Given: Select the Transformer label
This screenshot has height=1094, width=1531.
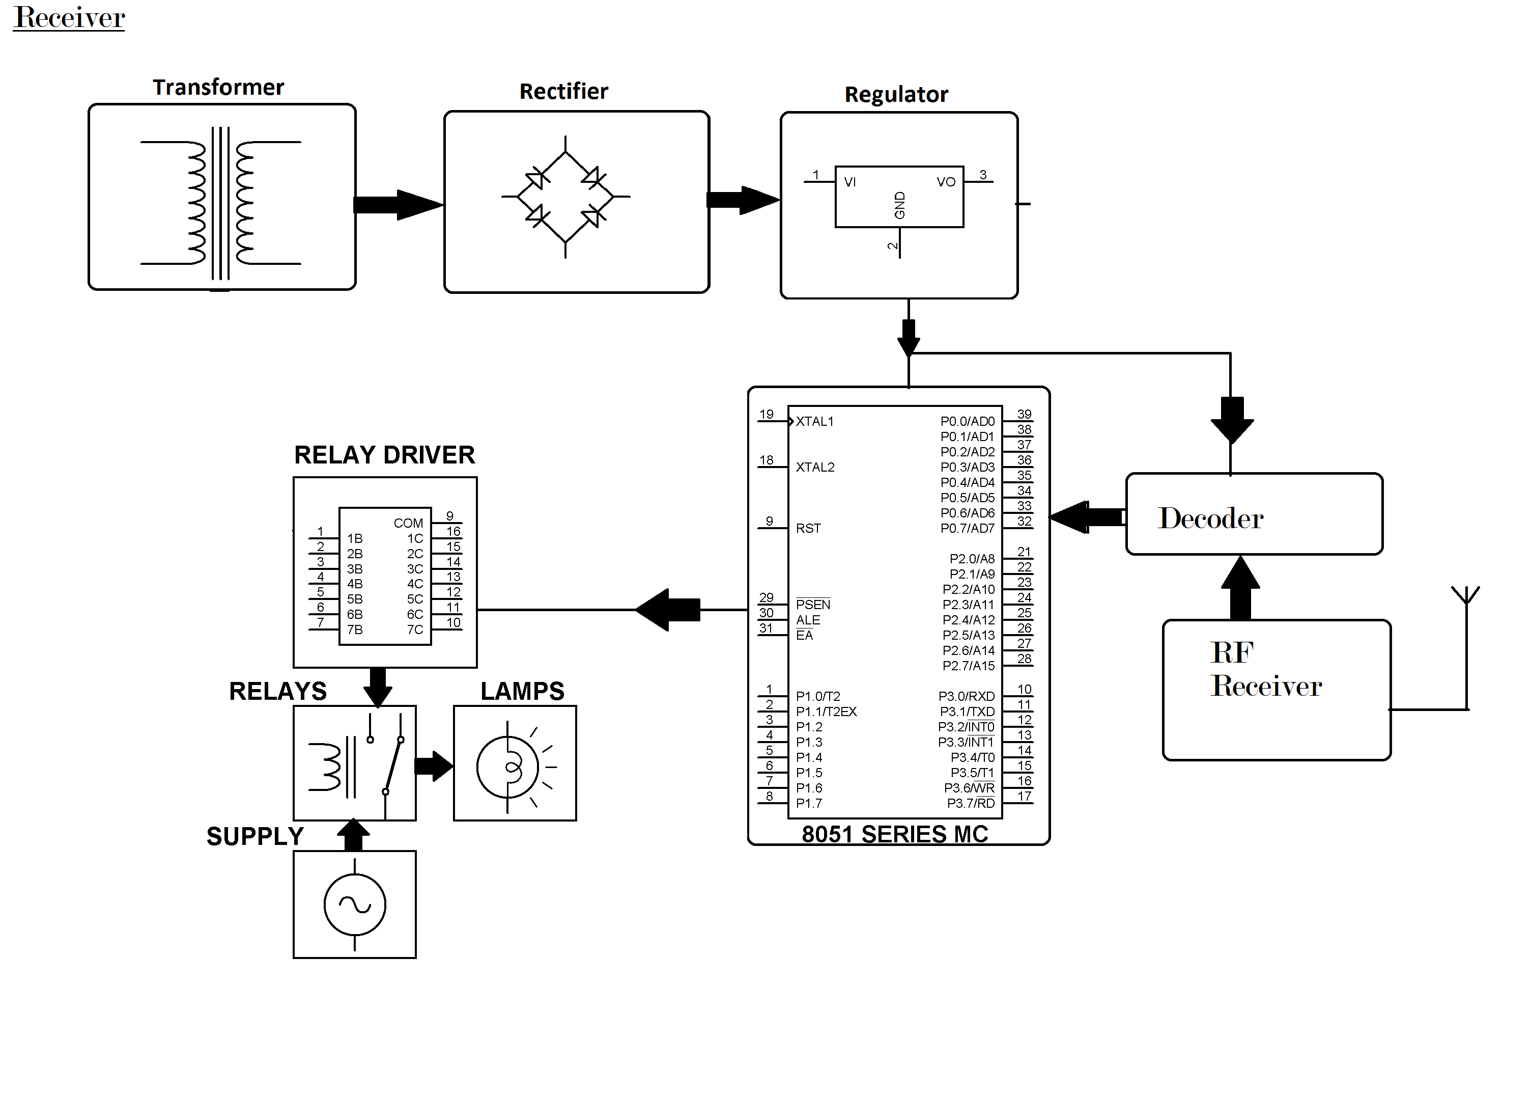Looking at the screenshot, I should [218, 88].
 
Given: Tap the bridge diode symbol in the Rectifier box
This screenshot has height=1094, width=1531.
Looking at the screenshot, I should [565, 197].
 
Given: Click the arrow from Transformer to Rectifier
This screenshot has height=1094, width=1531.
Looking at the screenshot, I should [398, 205].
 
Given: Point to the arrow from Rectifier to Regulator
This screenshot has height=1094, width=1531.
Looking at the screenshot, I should [743, 200].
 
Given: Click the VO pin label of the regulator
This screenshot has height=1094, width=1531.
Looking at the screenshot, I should [945, 182].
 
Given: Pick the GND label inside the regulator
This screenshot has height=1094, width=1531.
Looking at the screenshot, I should [899, 205].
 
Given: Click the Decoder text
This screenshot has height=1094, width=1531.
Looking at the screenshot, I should [1210, 518].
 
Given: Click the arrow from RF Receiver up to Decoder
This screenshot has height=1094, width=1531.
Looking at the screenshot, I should [1240, 587].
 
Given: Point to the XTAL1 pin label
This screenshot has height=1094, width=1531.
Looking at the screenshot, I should [815, 422].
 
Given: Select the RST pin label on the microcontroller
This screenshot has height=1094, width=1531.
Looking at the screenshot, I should [808, 529].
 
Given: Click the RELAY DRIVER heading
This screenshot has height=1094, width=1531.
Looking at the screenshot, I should [384, 455].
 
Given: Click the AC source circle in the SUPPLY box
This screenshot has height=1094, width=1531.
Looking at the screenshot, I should [355, 905].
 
